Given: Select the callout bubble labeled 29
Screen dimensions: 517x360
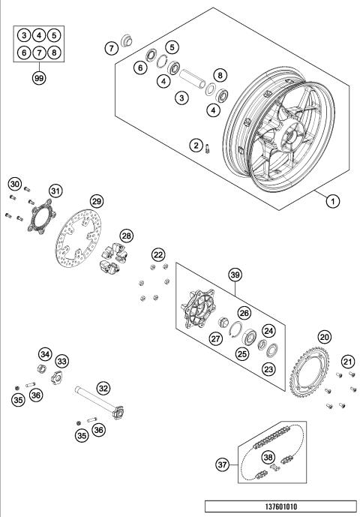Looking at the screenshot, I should [x=96, y=200].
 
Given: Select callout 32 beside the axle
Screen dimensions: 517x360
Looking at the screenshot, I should [x=103, y=389].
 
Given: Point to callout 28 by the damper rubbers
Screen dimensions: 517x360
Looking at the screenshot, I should [x=127, y=236].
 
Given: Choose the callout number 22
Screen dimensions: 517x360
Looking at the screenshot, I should [x=158, y=255].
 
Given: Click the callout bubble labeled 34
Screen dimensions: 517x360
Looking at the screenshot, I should [x=46, y=353].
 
